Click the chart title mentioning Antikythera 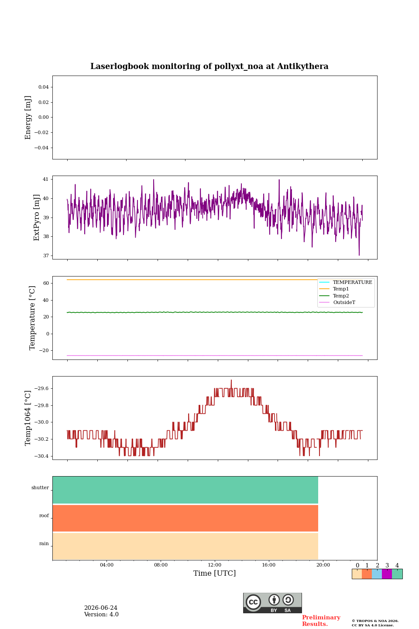point(209,66)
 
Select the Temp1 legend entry point(341,289)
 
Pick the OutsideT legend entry point(344,302)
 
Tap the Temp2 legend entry point(341,296)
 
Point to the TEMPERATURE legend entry point(352,282)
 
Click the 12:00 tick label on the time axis point(215,565)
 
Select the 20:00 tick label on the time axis point(323,565)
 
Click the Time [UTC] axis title point(215,573)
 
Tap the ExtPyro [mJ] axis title point(37,218)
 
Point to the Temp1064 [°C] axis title point(27,418)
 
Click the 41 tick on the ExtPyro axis point(45,179)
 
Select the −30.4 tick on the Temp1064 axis point(41,456)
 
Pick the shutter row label point(40,487)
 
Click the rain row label point(44,543)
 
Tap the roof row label point(44,515)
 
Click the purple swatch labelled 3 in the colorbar point(387,574)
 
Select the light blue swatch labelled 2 point(377,574)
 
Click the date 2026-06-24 point(101,608)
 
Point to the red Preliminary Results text point(321,621)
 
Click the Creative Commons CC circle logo point(254,602)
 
